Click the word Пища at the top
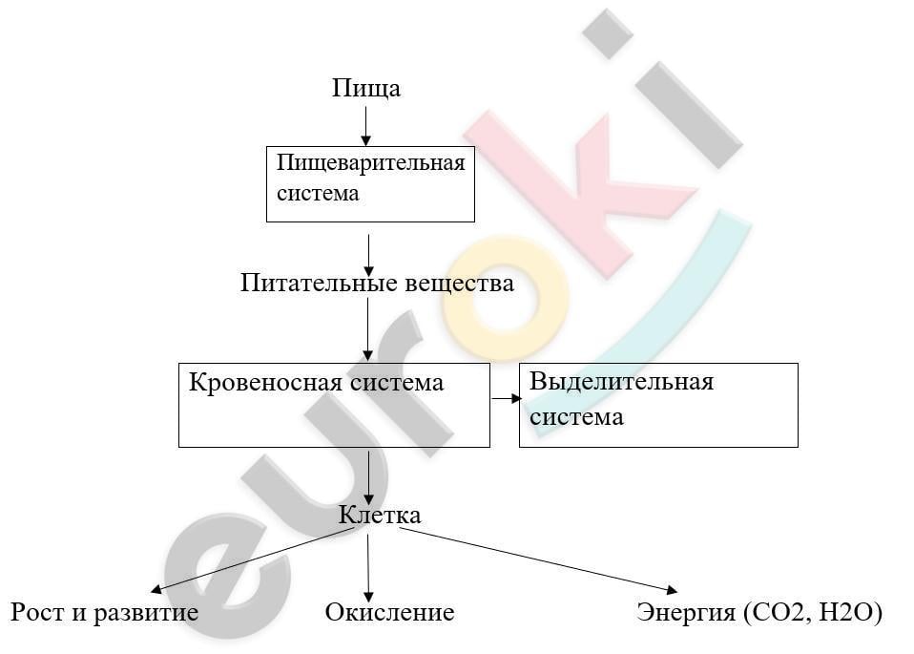tap(366, 89)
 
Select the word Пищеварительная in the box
tap(371, 162)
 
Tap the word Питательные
tap(319, 283)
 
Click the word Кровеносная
tap(265, 383)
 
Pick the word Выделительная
tap(621, 382)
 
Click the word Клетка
tap(380, 516)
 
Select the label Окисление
tap(389, 613)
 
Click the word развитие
tap(146, 613)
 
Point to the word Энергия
tap(686, 613)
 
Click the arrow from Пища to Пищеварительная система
tap(366, 126)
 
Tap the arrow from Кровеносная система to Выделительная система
tap(507, 398)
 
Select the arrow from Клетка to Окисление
tap(368, 568)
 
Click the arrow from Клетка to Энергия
tap(538, 560)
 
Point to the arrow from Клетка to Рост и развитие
tap(253, 560)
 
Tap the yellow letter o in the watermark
tap(506, 296)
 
